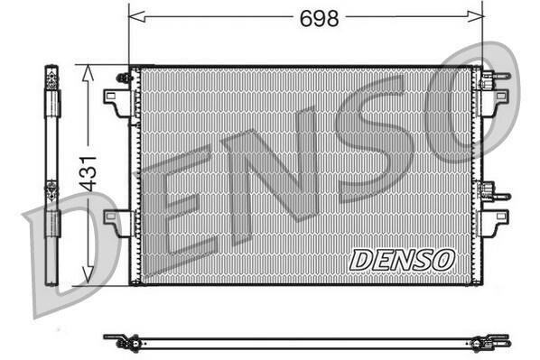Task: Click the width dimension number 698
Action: pyautogui.click(x=319, y=19)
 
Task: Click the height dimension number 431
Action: pyautogui.click(x=88, y=174)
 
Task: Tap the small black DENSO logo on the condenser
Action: pyautogui.click(x=402, y=260)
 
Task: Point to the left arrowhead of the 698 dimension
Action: pyautogui.click(x=136, y=16)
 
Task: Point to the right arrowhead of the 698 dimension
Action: pyautogui.click(x=475, y=16)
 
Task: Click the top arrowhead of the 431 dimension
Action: pyautogui.click(x=88, y=73)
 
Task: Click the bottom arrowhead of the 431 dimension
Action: pyautogui.click(x=88, y=275)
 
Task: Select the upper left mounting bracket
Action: pyautogui.click(x=116, y=103)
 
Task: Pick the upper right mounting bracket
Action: pyautogui.click(x=495, y=103)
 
